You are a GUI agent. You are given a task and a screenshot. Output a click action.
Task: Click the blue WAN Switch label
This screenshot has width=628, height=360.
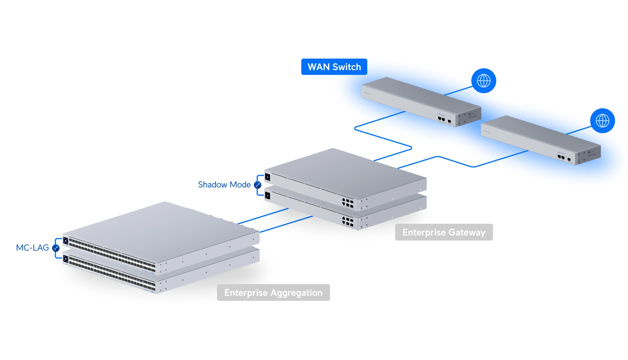tap(334, 67)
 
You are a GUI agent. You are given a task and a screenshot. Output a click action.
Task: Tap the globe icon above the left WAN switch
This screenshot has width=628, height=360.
tap(483, 81)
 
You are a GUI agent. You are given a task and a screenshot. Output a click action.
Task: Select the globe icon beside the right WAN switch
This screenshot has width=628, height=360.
tap(602, 121)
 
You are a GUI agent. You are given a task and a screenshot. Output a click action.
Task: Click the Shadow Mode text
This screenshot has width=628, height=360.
tap(224, 185)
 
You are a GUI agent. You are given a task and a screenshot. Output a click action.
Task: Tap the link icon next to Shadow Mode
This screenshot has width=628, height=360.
tap(258, 185)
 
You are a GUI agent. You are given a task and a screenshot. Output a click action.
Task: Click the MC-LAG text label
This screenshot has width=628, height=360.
tap(32, 248)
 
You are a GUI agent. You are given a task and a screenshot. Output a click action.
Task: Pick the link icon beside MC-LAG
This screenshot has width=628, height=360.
tap(56, 248)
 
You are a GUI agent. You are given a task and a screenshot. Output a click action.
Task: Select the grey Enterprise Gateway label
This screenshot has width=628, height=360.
tap(443, 232)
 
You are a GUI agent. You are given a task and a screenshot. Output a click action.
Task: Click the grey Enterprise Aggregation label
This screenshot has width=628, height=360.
tap(273, 293)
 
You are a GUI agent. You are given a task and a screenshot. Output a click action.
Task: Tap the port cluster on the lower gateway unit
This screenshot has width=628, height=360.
tap(348, 222)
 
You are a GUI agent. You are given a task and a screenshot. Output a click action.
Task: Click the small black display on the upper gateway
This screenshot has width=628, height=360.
tap(267, 177)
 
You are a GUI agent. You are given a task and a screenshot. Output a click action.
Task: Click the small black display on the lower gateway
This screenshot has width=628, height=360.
tap(267, 195)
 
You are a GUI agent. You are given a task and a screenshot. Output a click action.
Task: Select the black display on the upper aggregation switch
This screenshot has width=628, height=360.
tap(66, 241)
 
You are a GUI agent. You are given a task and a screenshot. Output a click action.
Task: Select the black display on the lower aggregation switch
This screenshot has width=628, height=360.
tap(66, 259)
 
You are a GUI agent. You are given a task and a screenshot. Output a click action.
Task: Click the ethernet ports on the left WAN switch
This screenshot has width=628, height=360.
tap(441, 119)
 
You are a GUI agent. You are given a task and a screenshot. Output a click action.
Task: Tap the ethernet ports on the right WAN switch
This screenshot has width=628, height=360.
tap(561, 157)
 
